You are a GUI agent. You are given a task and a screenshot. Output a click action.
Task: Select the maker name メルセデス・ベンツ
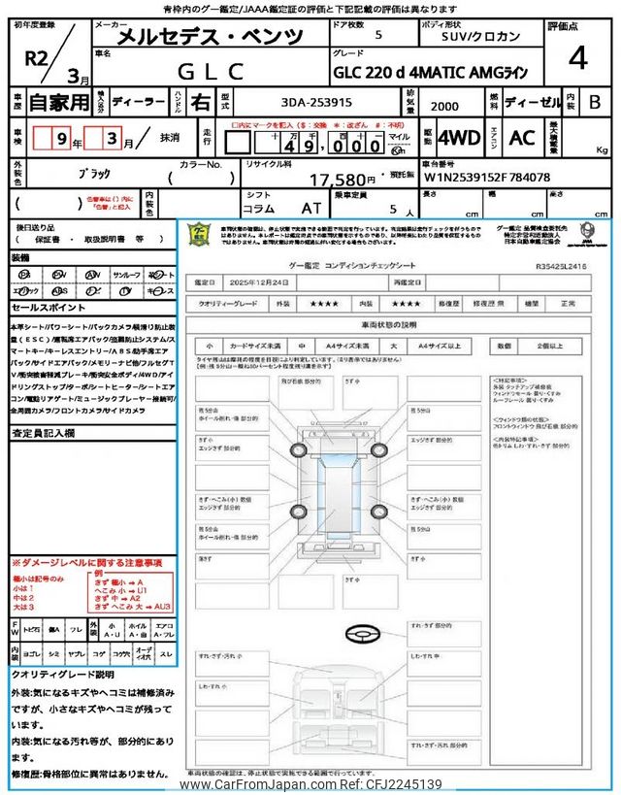point(210,38)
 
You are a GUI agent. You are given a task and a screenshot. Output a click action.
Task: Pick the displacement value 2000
point(443,105)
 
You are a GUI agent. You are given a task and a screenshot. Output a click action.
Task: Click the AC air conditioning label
point(521,138)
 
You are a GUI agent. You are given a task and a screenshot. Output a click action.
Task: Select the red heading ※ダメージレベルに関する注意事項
point(86,563)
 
